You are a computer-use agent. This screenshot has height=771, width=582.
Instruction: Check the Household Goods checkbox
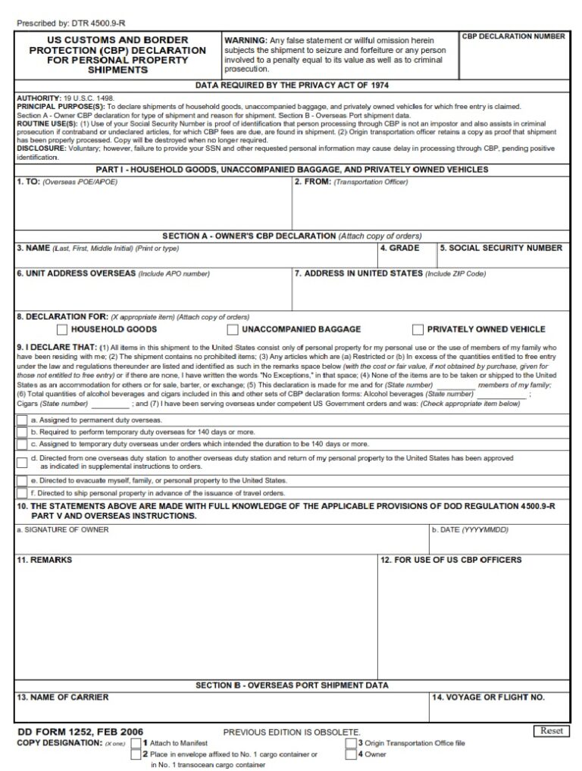pos(62,329)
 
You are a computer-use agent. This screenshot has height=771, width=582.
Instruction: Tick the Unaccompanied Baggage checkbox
pos(233,329)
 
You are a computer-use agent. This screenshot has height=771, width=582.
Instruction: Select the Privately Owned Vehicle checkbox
pos(418,329)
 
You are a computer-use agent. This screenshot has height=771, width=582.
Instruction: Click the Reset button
pos(551,731)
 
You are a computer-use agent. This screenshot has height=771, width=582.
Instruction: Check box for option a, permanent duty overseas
pos(22,420)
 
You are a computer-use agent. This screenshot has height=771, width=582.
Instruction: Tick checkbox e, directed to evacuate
pos(22,481)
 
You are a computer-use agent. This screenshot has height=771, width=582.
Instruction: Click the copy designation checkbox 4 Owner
pos(351,754)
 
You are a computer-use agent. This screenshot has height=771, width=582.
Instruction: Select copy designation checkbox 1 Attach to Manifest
pos(136,743)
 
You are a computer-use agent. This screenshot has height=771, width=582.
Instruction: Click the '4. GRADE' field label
pos(399,248)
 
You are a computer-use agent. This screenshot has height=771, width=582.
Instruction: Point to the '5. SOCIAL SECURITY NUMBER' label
pos(501,248)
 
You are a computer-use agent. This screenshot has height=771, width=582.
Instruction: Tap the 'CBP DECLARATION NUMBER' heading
pos(514,36)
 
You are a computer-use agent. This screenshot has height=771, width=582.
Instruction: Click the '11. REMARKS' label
pos(45,560)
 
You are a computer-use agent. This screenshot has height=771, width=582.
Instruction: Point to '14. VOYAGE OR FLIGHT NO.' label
pos(488,698)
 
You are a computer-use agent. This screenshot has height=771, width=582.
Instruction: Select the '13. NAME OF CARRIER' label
pos(63,698)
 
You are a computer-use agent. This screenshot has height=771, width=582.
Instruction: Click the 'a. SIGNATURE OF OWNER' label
pos(63,530)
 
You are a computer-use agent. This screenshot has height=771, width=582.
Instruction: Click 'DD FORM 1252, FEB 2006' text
pos(80,732)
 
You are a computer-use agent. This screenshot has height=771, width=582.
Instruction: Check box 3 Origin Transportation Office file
pos(351,743)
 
